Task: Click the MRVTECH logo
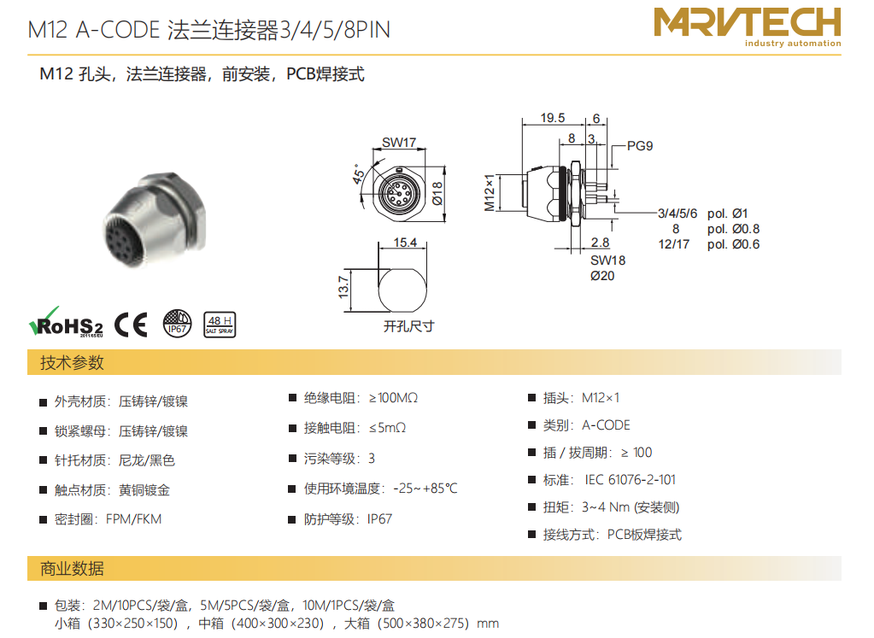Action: (x=748, y=26)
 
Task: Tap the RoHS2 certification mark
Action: (x=66, y=322)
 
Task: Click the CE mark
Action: (x=131, y=325)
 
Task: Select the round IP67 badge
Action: (x=177, y=324)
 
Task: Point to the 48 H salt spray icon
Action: (x=220, y=325)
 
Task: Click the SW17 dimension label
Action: (x=398, y=143)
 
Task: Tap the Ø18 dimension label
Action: (x=437, y=193)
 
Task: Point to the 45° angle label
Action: (x=359, y=174)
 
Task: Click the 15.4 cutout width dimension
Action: (x=405, y=243)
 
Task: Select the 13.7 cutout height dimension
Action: (x=344, y=286)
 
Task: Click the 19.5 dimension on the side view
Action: (x=553, y=118)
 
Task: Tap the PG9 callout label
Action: (x=640, y=146)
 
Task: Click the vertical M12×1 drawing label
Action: (x=490, y=193)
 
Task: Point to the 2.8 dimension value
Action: (x=601, y=243)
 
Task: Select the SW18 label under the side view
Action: (x=608, y=260)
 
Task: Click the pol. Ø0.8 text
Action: (x=734, y=229)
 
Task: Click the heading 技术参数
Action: (x=72, y=363)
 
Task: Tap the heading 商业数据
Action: (x=72, y=568)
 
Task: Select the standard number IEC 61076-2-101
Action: (x=630, y=480)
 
